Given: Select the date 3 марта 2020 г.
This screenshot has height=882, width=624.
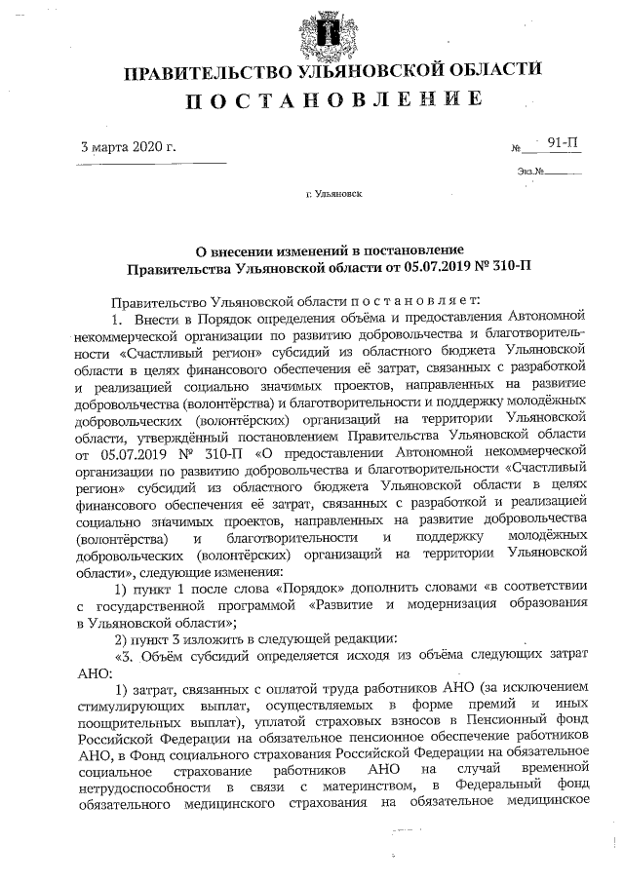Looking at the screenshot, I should click(x=128, y=147).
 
